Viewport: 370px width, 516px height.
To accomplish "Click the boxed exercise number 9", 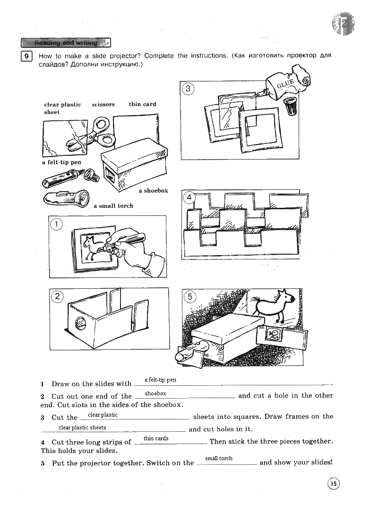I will coord(27,57).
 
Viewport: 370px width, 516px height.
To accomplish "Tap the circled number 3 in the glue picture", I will coord(188,89).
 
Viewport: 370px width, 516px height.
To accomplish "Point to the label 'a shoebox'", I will coord(153,190).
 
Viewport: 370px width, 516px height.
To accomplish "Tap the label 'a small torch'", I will coord(113,206).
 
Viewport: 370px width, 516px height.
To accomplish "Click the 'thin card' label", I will coord(142,104).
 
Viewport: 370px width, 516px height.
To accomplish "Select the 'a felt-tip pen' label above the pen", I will coord(61,162).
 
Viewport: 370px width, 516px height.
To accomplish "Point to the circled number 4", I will coord(189,197).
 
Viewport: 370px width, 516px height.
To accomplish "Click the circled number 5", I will coord(189,297).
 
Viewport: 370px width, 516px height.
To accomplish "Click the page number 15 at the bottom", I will coord(333,483).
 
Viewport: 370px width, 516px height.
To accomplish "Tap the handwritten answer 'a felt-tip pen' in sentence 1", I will coord(160,380).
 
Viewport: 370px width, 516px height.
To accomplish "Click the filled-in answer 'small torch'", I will coord(219,458).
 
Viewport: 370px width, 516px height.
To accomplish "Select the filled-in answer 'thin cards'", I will coord(156,438).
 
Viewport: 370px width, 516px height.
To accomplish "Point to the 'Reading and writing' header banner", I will coord(66,43).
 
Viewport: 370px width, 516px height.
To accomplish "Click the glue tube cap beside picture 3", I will coord(291,106).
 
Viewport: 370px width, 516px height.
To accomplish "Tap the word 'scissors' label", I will coord(103,104).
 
